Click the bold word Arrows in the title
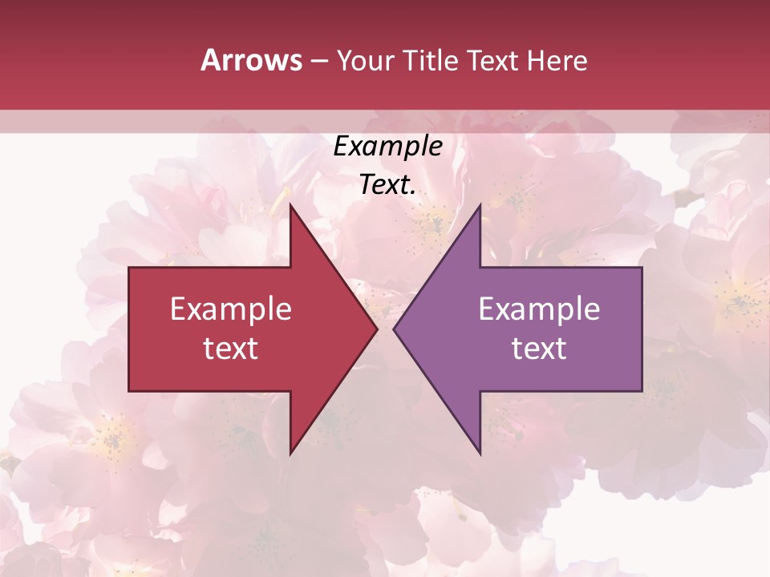point(252,60)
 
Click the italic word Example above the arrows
point(388,146)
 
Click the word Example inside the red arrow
point(231,309)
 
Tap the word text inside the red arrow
point(231,349)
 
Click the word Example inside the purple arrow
point(539,309)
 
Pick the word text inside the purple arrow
point(539,349)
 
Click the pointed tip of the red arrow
point(376,329)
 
